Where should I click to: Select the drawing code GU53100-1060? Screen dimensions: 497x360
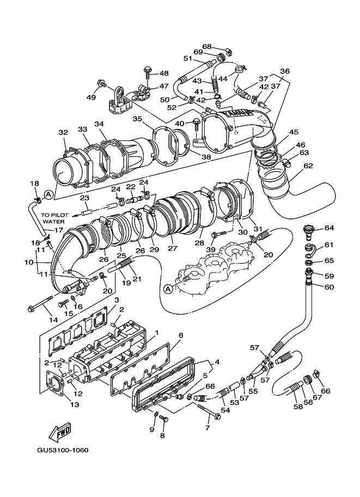point(63,450)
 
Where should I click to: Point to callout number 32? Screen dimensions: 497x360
point(63,132)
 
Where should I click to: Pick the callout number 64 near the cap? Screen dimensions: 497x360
point(329,228)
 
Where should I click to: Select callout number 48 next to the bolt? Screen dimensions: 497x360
point(164,72)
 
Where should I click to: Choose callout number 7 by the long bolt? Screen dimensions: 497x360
point(208,428)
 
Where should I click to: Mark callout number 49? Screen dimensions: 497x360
point(90,97)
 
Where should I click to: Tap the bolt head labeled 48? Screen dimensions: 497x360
point(147,71)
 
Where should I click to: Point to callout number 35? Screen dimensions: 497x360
point(137,119)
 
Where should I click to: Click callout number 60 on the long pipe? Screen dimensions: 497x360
point(329,287)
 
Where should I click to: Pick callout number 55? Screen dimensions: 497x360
point(253,391)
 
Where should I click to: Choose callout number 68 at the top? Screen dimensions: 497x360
point(207,46)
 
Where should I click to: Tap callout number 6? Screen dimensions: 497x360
point(180,335)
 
